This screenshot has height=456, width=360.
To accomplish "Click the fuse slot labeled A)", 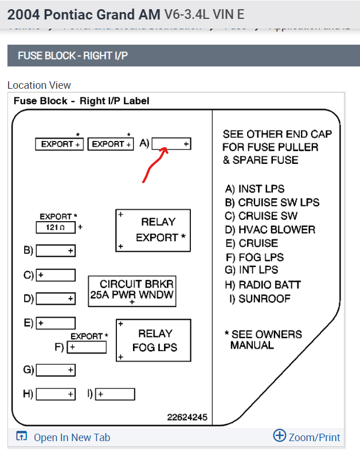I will coord(171,144).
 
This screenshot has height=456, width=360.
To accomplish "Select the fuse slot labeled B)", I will coord(56,251).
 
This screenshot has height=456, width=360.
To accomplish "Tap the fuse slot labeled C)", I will coord(56,275).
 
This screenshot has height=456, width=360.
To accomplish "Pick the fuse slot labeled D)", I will coord(56,298).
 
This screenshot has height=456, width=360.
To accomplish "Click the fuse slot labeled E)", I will coord(56,323).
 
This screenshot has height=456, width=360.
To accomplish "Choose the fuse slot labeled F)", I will coord(87,347).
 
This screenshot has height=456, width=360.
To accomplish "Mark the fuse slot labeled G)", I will coord(56,370).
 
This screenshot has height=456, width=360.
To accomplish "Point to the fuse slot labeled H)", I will coord(56,394).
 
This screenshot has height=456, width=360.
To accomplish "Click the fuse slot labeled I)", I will coord(115,394).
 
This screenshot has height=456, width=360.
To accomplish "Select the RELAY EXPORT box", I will coord(153,230).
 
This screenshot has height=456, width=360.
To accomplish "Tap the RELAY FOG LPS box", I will coord(153,340).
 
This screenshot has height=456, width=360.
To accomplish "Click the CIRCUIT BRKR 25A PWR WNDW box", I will coord(132,291).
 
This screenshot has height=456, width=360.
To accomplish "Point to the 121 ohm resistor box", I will coord(56,227).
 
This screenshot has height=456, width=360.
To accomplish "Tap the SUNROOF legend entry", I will coord(260,298).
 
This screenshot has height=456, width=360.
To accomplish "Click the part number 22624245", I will coord(187,417).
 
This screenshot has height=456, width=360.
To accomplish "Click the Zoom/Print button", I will coord(307,437).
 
